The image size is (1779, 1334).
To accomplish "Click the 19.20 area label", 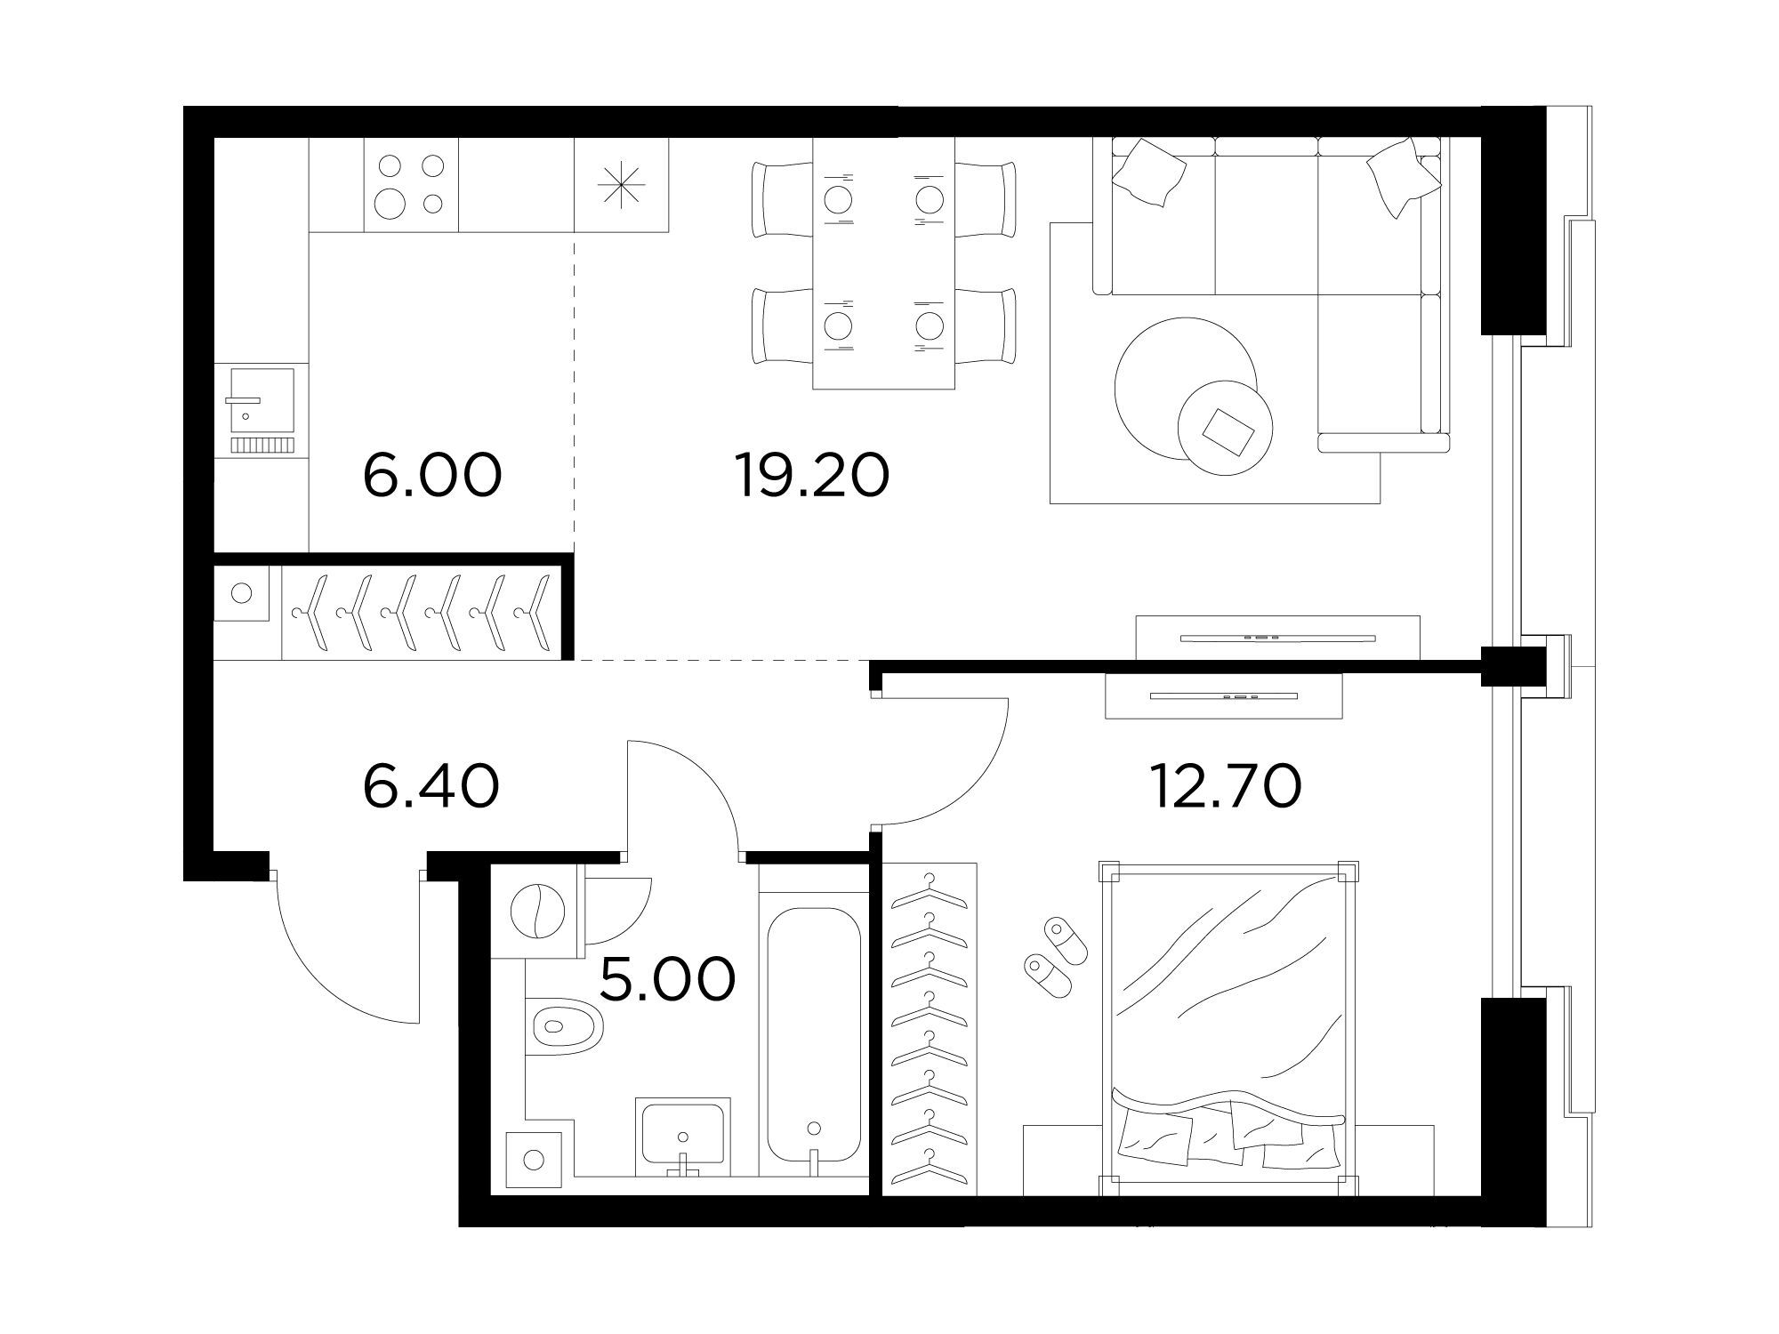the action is point(811,475).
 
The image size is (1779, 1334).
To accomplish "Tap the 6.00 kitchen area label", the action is point(432,475).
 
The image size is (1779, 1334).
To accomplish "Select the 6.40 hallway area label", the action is point(431,786).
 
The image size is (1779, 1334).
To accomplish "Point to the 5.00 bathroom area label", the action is point(668,978).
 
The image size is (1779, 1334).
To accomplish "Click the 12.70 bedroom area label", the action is point(1227,786).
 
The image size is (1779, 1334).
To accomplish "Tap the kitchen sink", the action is point(262,411).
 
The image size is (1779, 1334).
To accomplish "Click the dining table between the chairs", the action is point(884,263).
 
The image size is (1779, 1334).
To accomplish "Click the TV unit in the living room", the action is point(1278,637).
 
